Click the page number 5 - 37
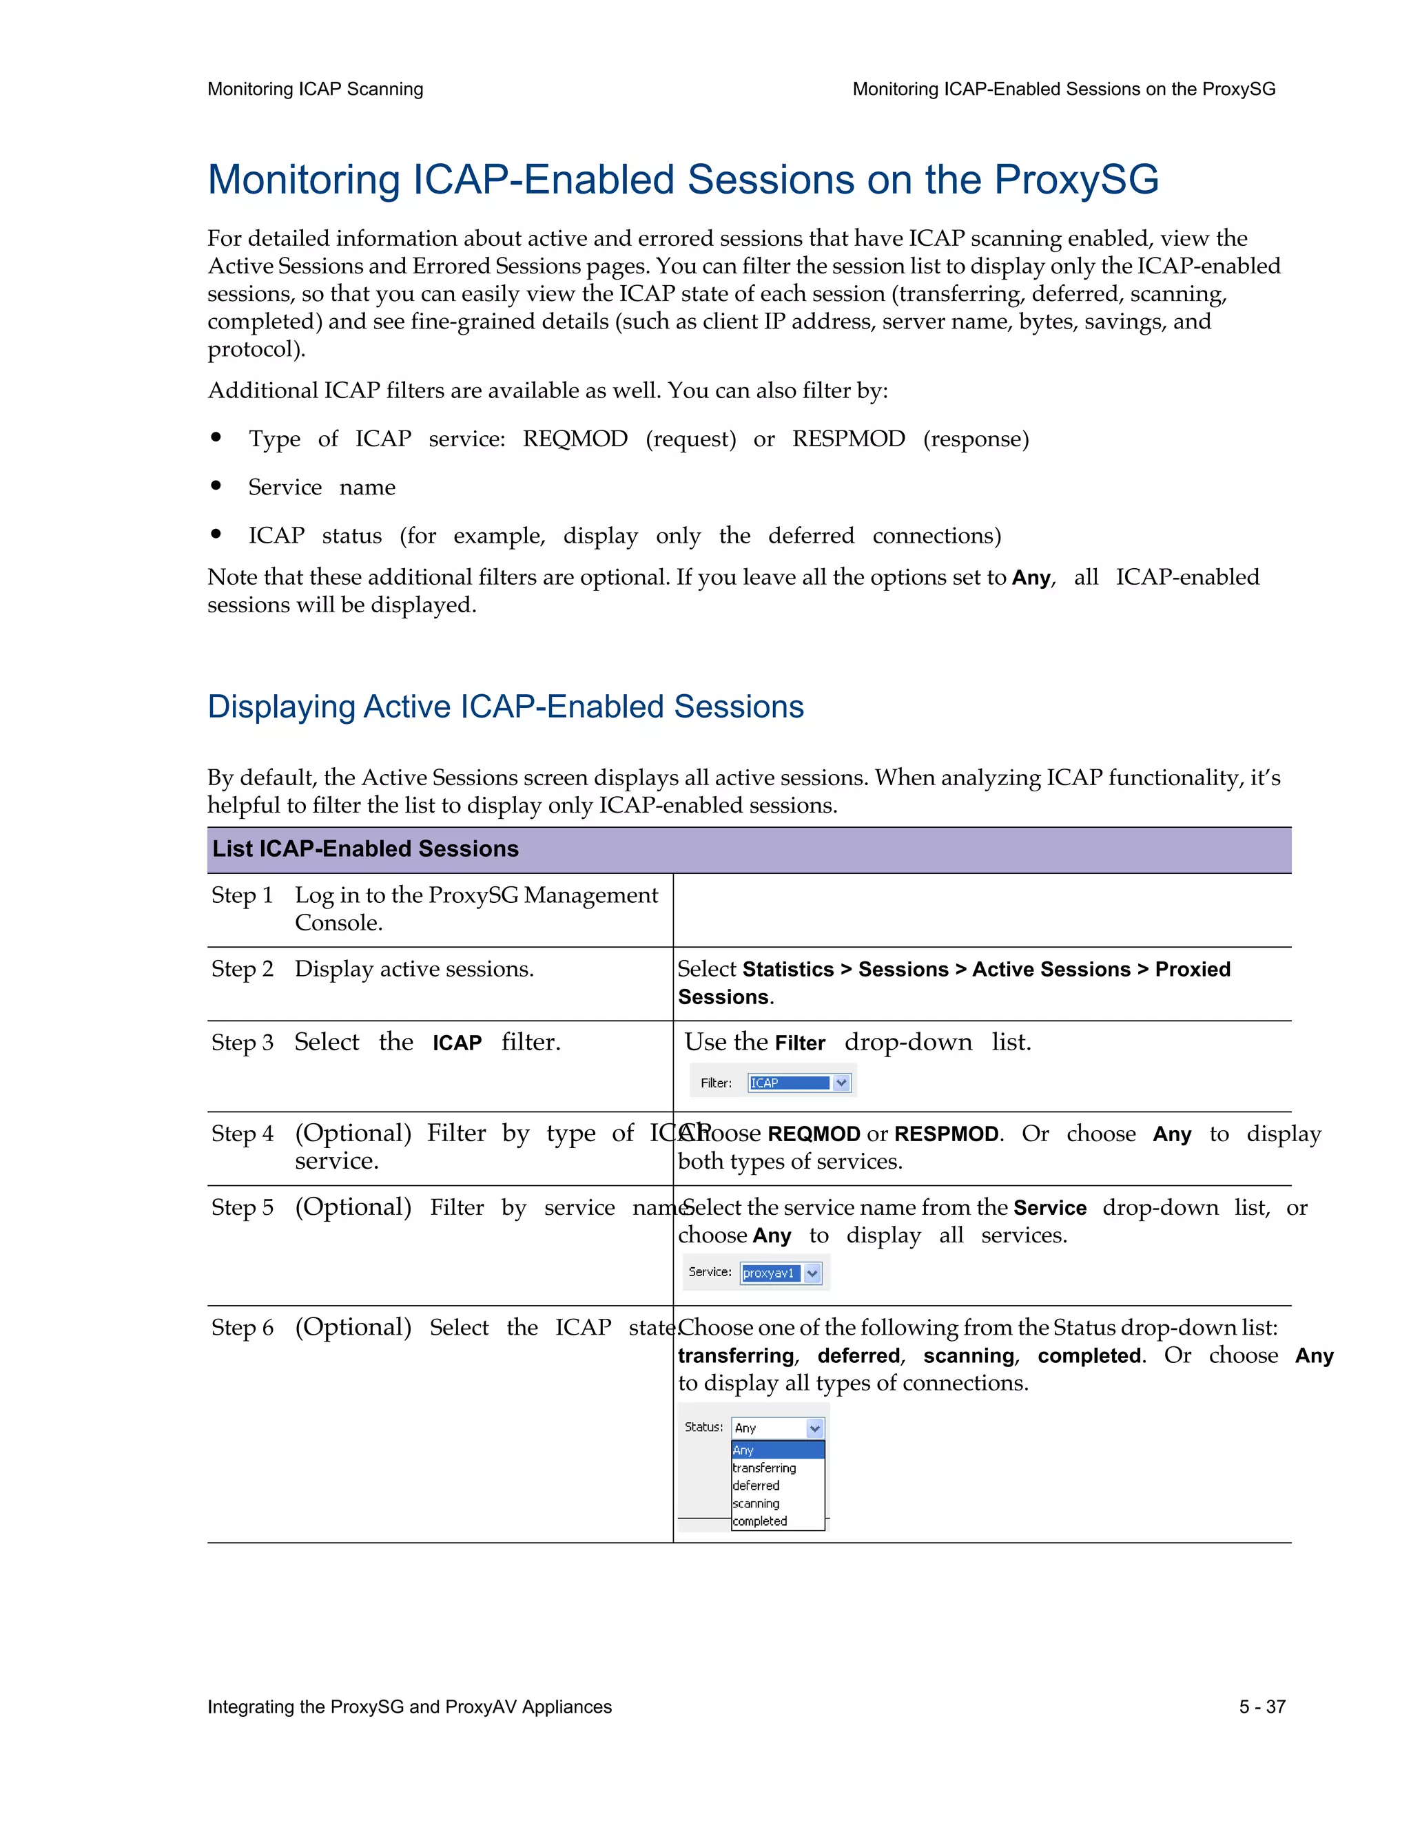(x=1261, y=1707)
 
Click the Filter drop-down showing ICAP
(x=799, y=1083)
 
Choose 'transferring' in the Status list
(x=764, y=1468)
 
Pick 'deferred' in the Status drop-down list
(x=756, y=1485)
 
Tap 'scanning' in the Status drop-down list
(x=756, y=1503)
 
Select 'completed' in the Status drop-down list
(x=759, y=1521)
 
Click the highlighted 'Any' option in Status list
(x=777, y=1450)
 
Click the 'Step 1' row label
(x=242, y=896)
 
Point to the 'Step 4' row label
(x=242, y=1134)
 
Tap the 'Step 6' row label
(x=242, y=1328)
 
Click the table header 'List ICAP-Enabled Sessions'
(x=365, y=849)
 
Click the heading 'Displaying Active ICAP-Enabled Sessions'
(x=505, y=707)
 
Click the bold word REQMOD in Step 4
(x=814, y=1135)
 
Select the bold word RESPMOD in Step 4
(x=946, y=1135)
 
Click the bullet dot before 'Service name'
(x=216, y=486)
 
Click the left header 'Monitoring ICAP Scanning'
(x=315, y=90)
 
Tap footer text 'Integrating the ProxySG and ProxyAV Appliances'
(x=410, y=1707)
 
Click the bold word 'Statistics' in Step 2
(x=787, y=970)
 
